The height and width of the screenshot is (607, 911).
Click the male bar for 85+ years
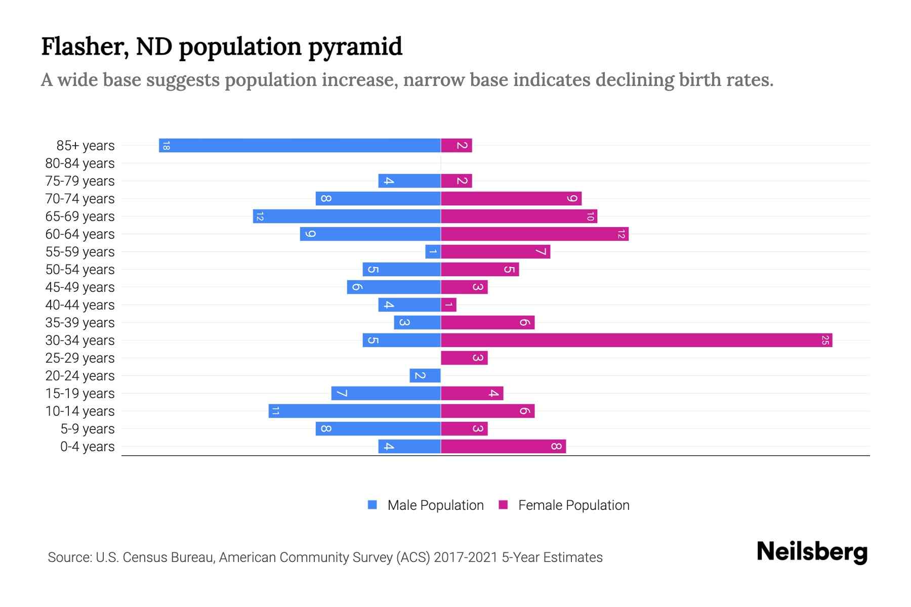pos(300,146)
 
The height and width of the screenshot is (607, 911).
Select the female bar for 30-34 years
pos(636,340)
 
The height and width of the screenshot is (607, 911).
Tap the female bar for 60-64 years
pos(534,234)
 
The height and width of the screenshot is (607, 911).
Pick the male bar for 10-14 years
pos(354,411)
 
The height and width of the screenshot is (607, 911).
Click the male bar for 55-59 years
pos(433,252)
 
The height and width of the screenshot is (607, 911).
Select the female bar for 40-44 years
pos(448,305)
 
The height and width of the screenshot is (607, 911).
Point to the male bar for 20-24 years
pos(425,376)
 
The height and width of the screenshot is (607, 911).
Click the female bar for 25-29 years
pos(464,358)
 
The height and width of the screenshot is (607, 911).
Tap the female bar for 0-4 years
pos(503,447)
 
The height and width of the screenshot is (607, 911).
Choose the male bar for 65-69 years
pos(347,216)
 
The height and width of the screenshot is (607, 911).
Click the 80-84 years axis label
pos(80,163)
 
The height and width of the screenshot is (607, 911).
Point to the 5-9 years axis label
pos(88,429)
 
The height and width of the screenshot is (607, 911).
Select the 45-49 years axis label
pos(80,287)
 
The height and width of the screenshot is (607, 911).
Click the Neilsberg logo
pos(812,552)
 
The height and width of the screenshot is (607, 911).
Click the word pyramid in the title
pos(355,47)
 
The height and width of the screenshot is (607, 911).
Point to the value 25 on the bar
pos(825,340)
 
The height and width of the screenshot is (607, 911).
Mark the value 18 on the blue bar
pos(166,146)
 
